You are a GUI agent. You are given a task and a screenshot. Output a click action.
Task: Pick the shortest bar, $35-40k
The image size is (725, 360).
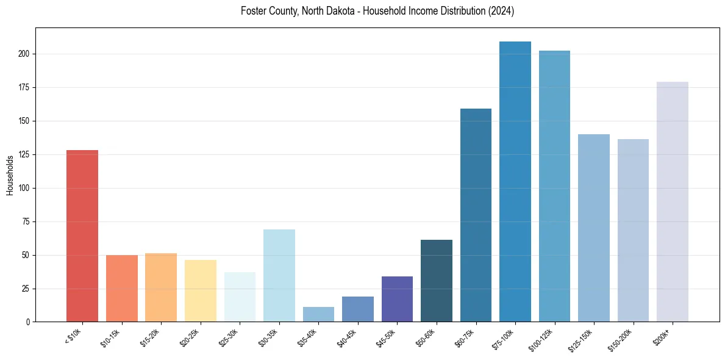(318, 314)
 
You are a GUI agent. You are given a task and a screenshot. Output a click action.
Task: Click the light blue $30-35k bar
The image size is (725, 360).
(279, 275)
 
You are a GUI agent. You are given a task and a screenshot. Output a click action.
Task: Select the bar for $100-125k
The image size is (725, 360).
(554, 186)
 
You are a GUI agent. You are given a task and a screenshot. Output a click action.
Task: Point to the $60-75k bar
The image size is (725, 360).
(476, 215)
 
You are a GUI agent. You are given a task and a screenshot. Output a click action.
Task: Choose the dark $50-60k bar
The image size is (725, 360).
(437, 281)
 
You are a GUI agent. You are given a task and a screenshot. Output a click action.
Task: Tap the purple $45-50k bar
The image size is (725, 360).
(397, 299)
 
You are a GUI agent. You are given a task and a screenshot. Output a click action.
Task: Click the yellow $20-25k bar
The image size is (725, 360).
(201, 290)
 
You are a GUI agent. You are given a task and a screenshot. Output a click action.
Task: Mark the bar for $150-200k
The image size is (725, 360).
(633, 230)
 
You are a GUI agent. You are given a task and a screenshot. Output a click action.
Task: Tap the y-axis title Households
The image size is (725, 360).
(10, 175)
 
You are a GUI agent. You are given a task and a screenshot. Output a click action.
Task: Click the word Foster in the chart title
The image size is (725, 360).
(254, 11)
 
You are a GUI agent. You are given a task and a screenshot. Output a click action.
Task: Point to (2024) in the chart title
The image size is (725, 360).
(501, 11)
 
